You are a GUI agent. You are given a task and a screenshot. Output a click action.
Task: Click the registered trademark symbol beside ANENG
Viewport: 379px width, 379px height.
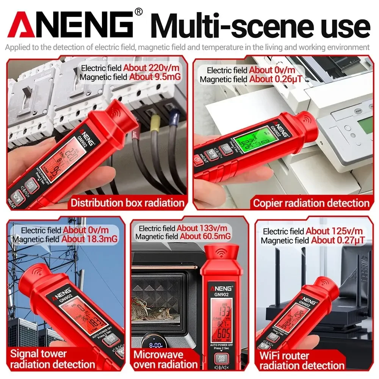pyautogui.click(x=139, y=13)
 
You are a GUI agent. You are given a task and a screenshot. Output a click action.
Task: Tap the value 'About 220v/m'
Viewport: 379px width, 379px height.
pyautogui.click(x=151, y=68)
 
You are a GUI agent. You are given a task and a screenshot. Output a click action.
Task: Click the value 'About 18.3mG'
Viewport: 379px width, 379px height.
pyautogui.click(x=89, y=239)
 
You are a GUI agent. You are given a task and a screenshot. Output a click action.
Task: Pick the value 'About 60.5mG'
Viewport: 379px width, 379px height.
pyautogui.click(x=205, y=236)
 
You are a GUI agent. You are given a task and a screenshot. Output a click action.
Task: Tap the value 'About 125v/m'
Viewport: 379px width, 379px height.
pyautogui.click(x=334, y=231)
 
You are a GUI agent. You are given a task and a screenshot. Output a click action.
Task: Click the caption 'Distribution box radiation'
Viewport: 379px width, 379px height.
pyautogui.click(x=127, y=203)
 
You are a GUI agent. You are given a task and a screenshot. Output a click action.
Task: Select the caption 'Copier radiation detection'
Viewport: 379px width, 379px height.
pyautogui.click(x=311, y=203)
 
